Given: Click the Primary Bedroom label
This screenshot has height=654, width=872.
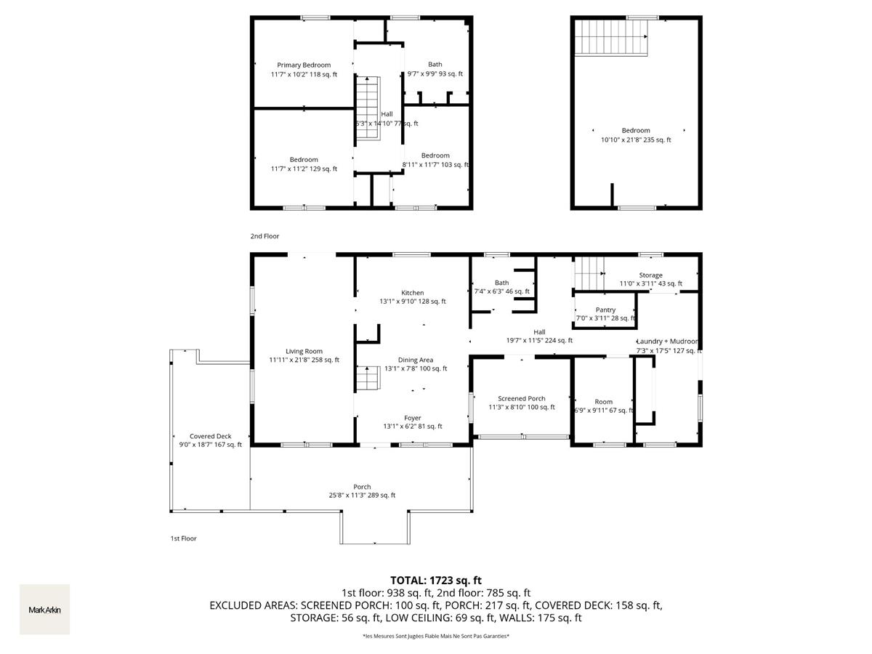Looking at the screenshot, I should [304, 65].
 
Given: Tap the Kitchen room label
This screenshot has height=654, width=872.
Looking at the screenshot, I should [412, 293].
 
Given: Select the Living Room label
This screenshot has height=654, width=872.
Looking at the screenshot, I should [304, 351].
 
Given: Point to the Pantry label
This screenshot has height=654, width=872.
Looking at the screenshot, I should [605, 310].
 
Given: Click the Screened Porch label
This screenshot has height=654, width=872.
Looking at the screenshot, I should [521, 398].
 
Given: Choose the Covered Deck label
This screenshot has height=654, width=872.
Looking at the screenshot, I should [211, 436].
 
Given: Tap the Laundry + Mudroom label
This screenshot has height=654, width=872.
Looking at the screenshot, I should [667, 342].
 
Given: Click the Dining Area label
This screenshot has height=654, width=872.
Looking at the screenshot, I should [416, 360].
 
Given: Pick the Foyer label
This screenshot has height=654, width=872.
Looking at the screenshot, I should [413, 418].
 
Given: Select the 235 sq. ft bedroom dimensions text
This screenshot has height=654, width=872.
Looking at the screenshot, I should [636, 140].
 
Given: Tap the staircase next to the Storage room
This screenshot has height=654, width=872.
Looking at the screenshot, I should [589, 273].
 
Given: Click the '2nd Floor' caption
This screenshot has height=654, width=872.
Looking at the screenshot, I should [265, 236].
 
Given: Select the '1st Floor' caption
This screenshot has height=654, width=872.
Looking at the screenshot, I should [183, 538].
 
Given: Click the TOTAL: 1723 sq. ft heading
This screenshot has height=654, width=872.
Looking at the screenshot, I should [436, 580].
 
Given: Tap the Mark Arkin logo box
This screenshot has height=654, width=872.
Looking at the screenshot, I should [44, 610].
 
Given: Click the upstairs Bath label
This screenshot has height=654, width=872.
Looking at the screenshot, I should [435, 65].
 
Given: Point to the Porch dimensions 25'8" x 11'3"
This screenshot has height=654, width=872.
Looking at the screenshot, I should [362, 496].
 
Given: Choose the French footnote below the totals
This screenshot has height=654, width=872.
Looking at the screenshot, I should [436, 637].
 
